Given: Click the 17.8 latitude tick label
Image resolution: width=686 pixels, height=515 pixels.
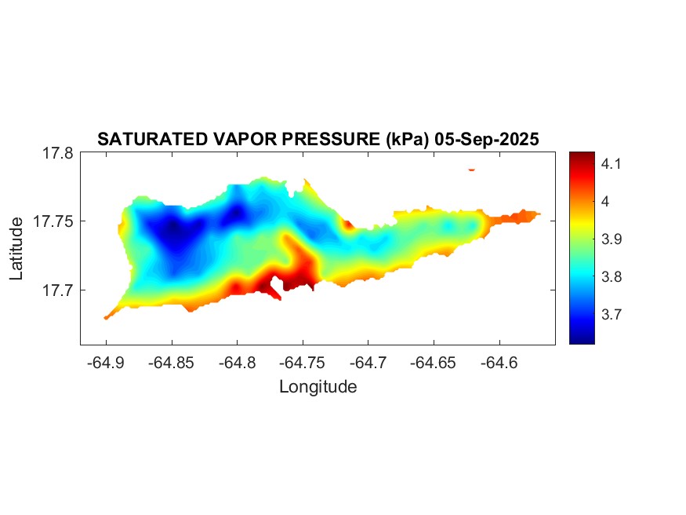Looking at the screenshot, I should (57, 154).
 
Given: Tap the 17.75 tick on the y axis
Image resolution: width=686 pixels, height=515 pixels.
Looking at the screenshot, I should (53, 222).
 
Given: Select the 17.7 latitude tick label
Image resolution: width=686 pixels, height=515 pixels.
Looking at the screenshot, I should (57, 290).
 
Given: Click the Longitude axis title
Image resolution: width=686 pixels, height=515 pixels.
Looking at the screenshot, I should (318, 387).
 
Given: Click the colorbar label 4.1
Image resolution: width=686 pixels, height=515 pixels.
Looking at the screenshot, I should (590, 164).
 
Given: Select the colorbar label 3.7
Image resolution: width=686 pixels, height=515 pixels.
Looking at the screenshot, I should (590, 315).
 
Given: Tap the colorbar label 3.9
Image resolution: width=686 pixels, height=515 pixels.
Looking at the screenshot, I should (590, 239).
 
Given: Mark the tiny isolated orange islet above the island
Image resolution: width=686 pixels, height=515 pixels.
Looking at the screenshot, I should (471, 169).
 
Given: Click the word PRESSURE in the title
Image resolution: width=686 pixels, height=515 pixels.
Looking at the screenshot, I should (332, 140).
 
